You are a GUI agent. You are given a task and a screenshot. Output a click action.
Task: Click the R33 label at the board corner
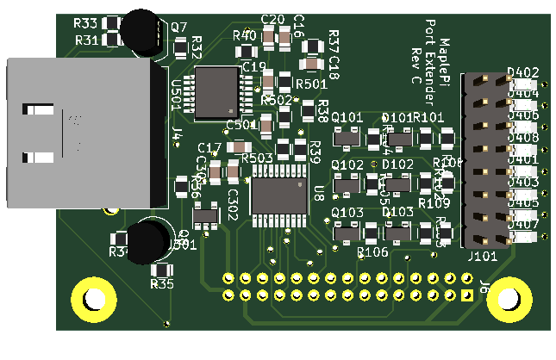(x=85, y=23)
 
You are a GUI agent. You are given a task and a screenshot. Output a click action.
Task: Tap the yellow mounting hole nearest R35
(x=92, y=298)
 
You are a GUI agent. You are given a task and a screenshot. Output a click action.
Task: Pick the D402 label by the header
(x=523, y=72)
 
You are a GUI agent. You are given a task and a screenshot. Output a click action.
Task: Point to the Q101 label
(x=347, y=117)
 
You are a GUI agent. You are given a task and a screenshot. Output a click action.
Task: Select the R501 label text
(x=311, y=84)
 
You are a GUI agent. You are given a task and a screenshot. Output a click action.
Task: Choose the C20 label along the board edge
(x=272, y=20)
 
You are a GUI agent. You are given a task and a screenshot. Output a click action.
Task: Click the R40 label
(x=245, y=35)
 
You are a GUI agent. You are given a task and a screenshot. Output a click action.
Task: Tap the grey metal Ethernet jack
(x=82, y=133)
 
